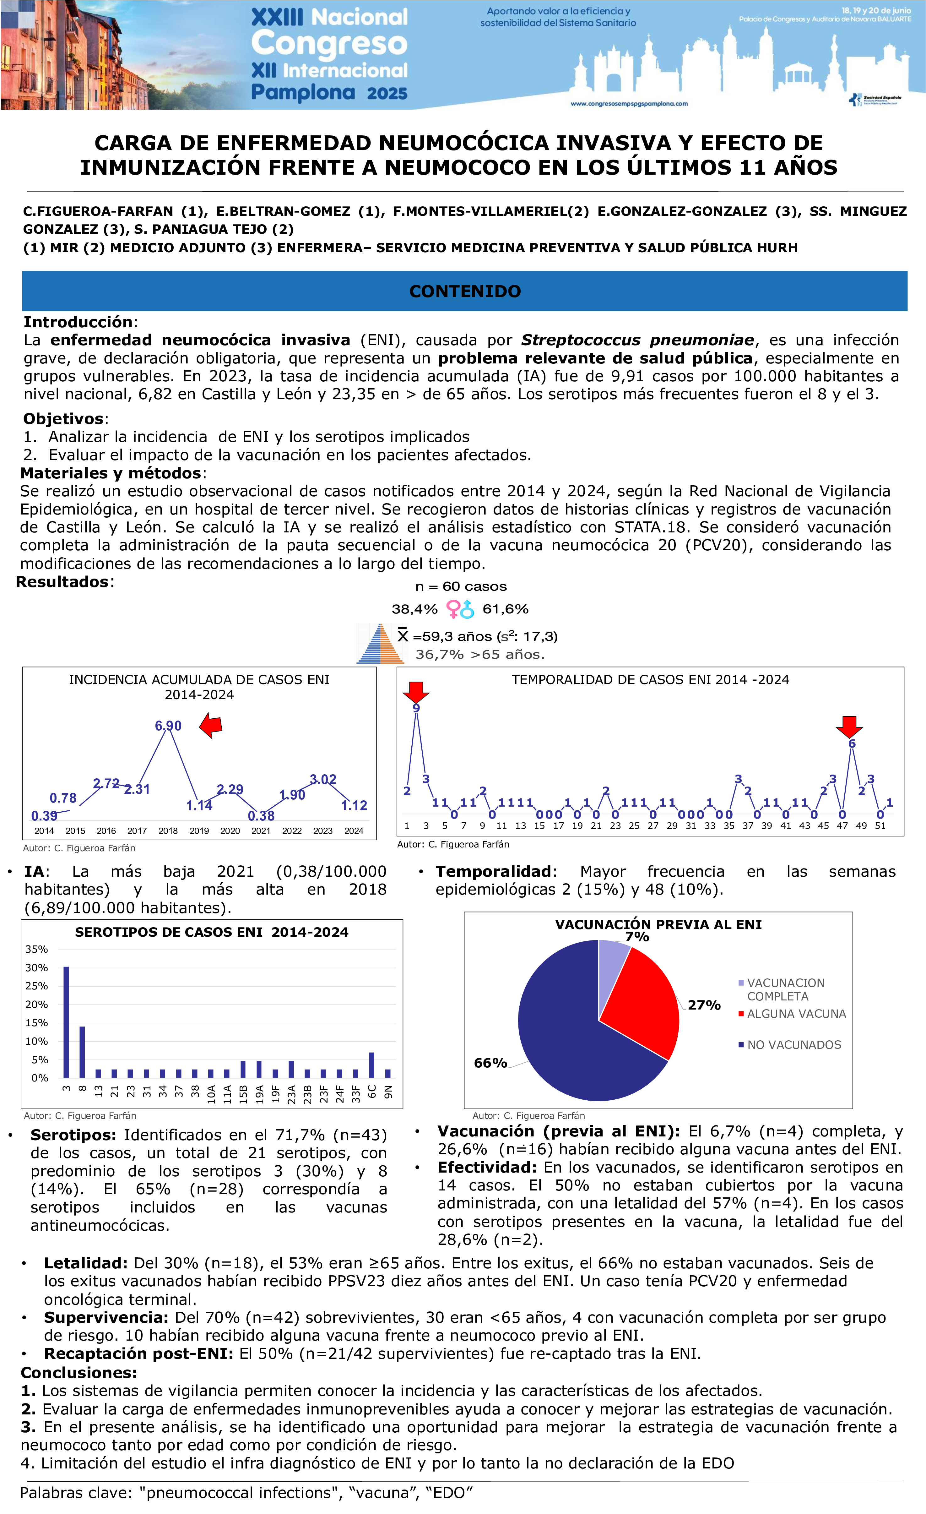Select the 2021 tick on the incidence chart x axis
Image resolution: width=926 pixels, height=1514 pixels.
point(261,831)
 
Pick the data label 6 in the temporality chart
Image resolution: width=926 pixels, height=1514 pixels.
point(852,743)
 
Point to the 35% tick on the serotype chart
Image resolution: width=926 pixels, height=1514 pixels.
point(37,949)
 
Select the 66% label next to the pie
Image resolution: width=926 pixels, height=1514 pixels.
point(490,1063)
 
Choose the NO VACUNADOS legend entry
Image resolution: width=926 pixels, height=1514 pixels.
point(793,1044)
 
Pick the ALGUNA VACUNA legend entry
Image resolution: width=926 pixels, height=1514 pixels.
point(796,1014)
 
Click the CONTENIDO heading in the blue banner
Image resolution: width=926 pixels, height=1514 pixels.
point(465,291)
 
